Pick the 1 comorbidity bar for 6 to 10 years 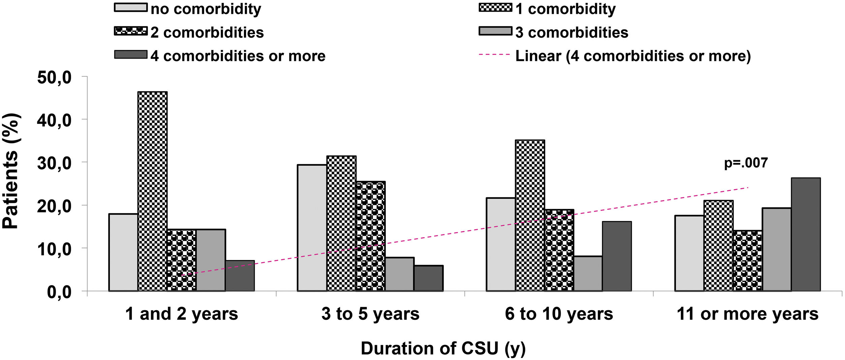pyautogui.click(x=530, y=216)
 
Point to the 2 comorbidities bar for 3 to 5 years pyautogui.click(x=370, y=236)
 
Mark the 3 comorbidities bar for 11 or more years pyautogui.click(x=777, y=249)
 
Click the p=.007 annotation pyautogui.click(x=746, y=163)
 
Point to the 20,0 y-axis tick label pyautogui.click(x=55, y=206)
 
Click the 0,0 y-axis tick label pyautogui.click(x=59, y=292)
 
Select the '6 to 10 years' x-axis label pyautogui.click(x=559, y=314)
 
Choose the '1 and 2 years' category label pyautogui.click(x=181, y=314)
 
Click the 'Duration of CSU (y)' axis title pyautogui.click(x=443, y=348)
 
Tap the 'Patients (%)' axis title pyautogui.click(x=11, y=171)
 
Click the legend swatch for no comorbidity pyautogui.click(x=131, y=7)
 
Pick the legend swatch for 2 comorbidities pyautogui.click(x=131, y=31)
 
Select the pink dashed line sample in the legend pyautogui.click(x=495, y=55)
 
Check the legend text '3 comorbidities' pyautogui.click(x=571, y=32)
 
